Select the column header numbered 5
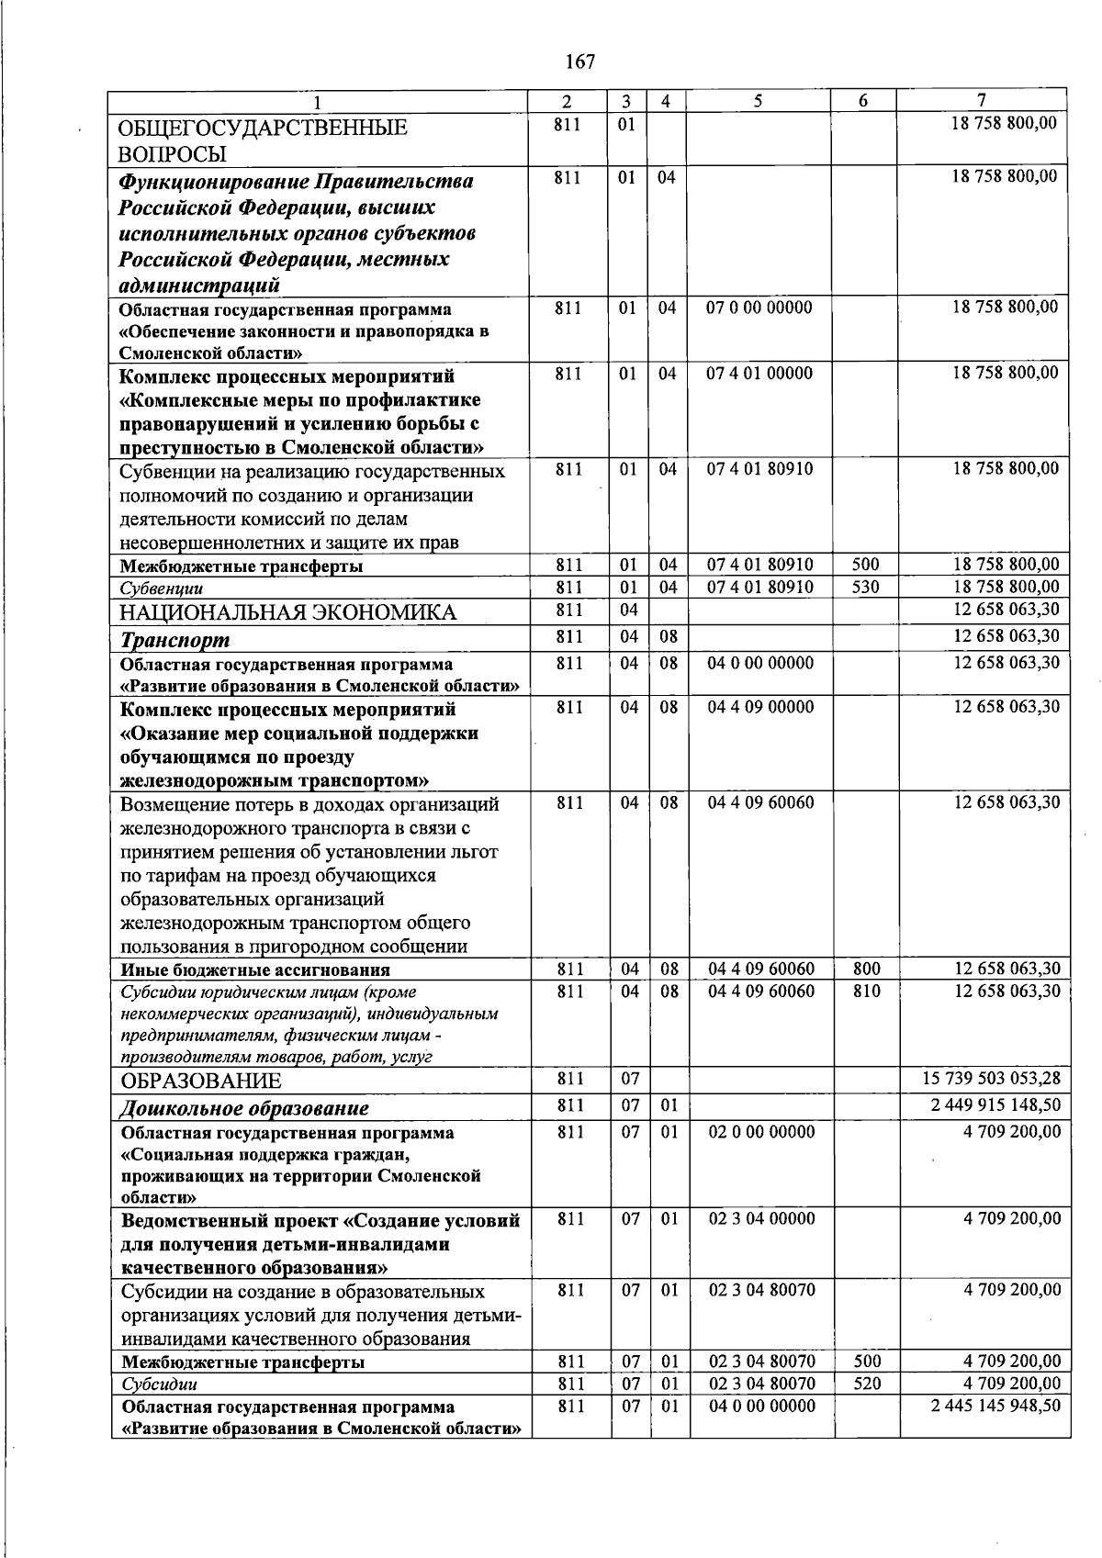[x=758, y=102]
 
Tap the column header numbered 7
[x=982, y=101]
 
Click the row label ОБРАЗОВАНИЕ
[x=201, y=1081]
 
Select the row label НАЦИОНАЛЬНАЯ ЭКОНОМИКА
[x=288, y=612]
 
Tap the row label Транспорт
[x=174, y=640]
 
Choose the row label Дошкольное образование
[x=244, y=1109]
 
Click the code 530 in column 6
[x=865, y=587]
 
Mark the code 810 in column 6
[x=865, y=991]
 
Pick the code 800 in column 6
[x=865, y=969]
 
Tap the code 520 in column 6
[x=865, y=1384]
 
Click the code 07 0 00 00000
[x=759, y=308]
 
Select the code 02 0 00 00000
[x=761, y=1132]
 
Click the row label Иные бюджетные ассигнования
[x=255, y=970]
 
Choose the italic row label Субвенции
[x=162, y=588]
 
